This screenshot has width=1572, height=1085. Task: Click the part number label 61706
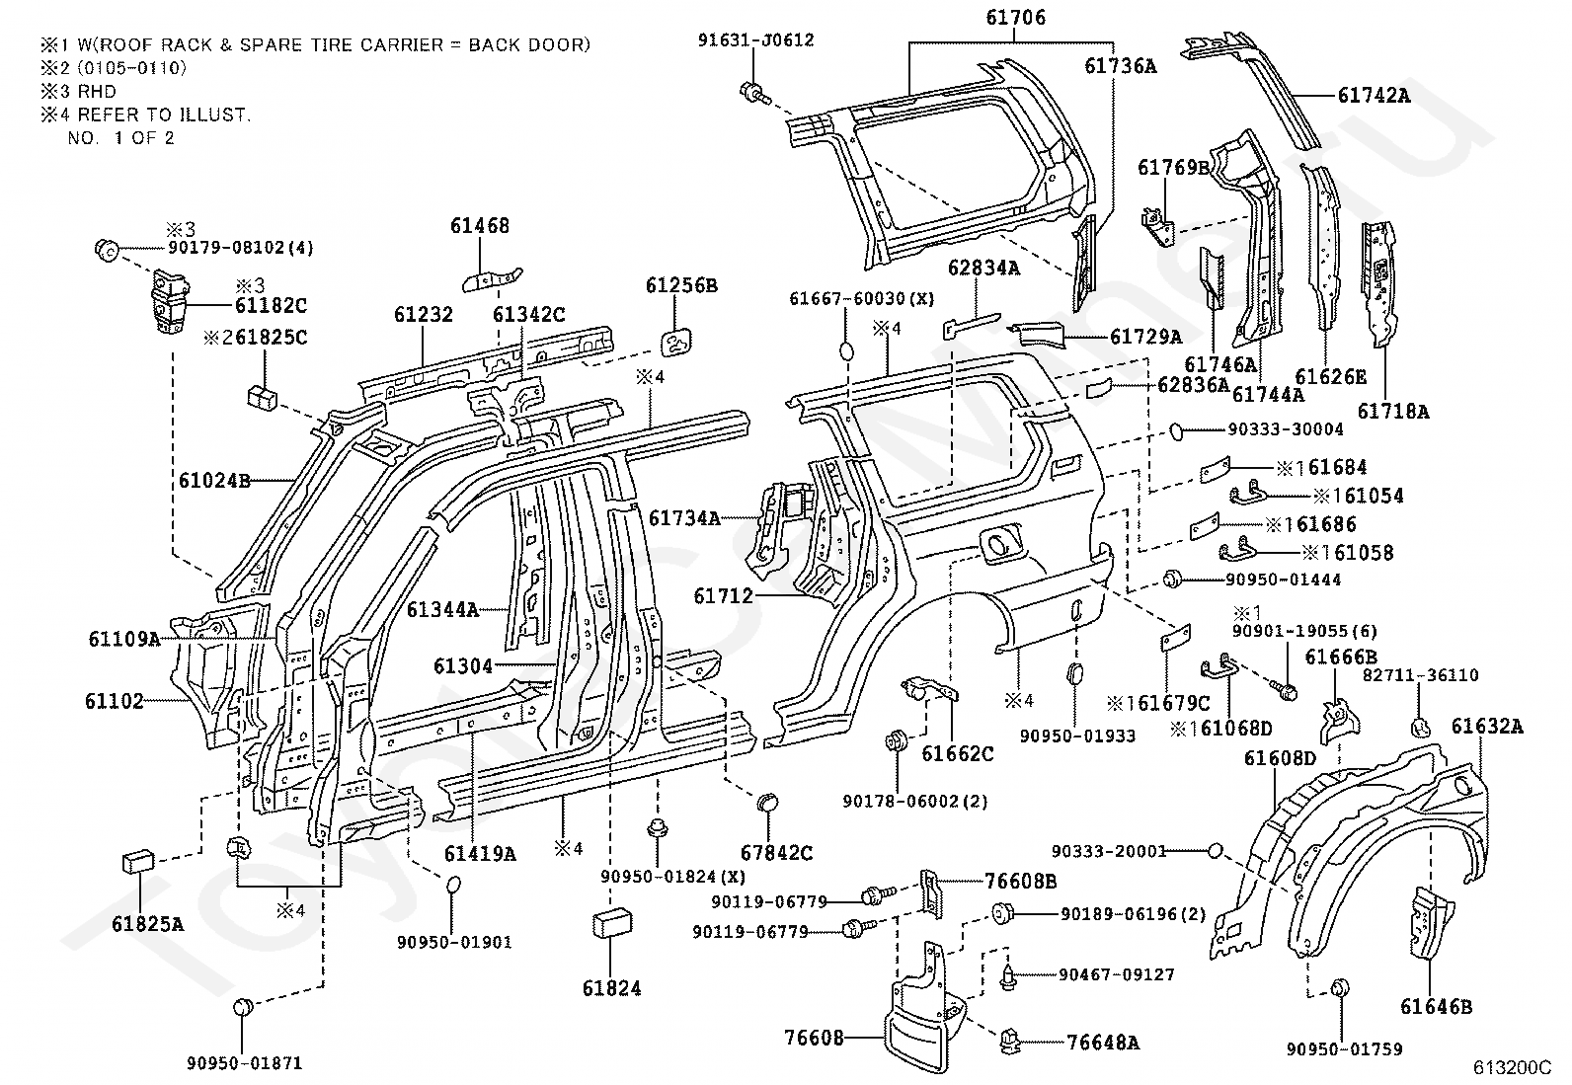(x=1015, y=18)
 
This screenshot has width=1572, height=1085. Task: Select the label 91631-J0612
(x=755, y=40)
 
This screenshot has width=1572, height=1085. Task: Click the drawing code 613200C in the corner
(x=1512, y=1067)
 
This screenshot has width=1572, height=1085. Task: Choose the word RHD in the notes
(x=97, y=91)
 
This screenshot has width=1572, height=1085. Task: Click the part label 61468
(x=480, y=226)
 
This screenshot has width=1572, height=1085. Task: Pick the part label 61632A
(x=1487, y=727)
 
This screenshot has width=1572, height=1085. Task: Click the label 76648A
(x=1103, y=1043)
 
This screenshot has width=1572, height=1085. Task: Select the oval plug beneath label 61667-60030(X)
(x=847, y=350)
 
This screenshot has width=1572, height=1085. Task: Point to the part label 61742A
(x=1374, y=96)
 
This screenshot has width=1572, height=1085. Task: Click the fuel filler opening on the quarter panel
(x=997, y=545)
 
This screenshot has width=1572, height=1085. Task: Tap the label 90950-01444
(x=1283, y=580)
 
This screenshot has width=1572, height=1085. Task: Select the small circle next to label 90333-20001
(x=1215, y=851)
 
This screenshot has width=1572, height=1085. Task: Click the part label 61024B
(x=214, y=481)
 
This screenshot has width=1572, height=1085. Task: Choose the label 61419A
(x=480, y=853)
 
